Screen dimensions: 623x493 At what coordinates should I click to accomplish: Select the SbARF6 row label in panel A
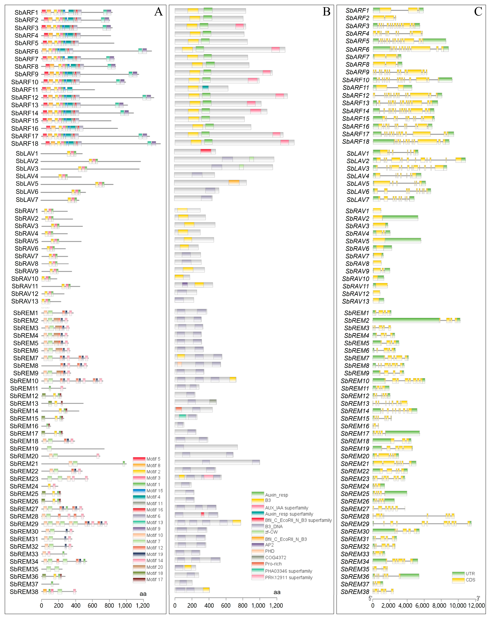click(x=26, y=51)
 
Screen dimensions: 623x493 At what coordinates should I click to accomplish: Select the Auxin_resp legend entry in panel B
click(x=276, y=495)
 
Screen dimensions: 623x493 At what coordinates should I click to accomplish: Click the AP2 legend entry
click(x=269, y=545)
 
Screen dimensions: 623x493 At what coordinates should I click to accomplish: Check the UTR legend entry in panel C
click(x=470, y=574)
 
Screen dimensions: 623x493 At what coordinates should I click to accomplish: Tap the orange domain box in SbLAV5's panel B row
click(x=234, y=183)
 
